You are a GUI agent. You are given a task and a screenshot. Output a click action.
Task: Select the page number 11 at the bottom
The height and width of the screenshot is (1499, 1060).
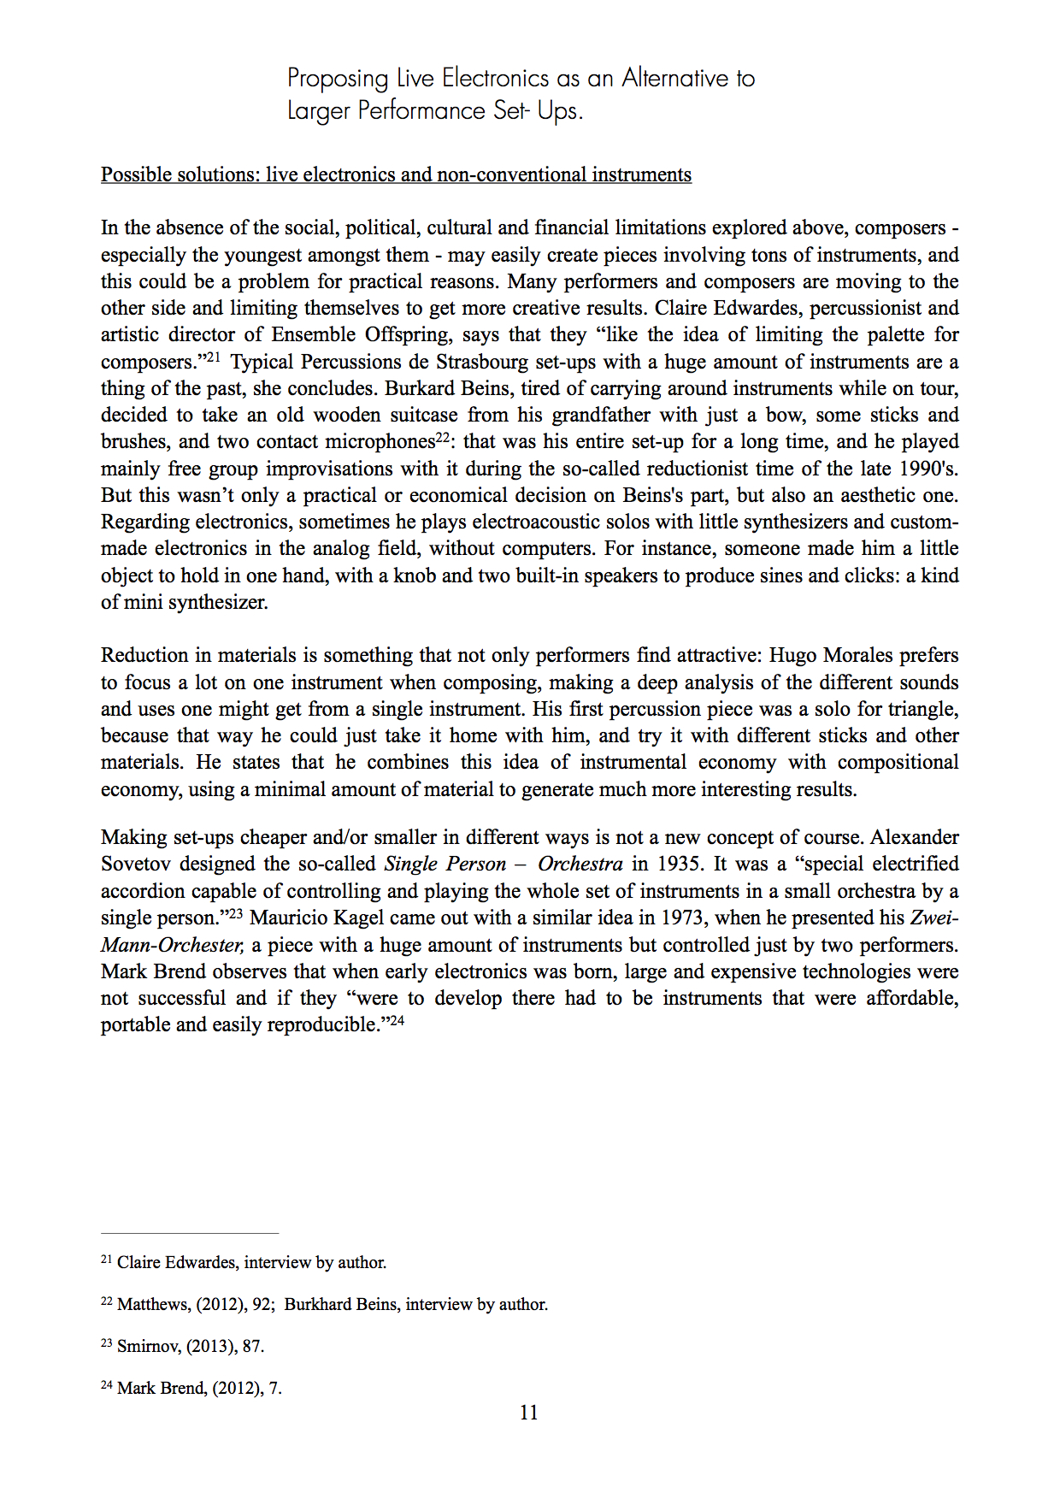529,1413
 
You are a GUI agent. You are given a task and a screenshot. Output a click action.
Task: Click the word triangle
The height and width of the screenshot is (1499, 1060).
923,709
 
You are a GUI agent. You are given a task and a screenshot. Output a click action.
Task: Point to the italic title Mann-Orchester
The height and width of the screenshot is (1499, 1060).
172,945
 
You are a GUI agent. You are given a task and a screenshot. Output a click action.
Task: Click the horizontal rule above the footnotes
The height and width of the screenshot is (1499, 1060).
190,1234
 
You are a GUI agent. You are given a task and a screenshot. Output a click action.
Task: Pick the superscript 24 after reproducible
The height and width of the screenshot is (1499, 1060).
397,1020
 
